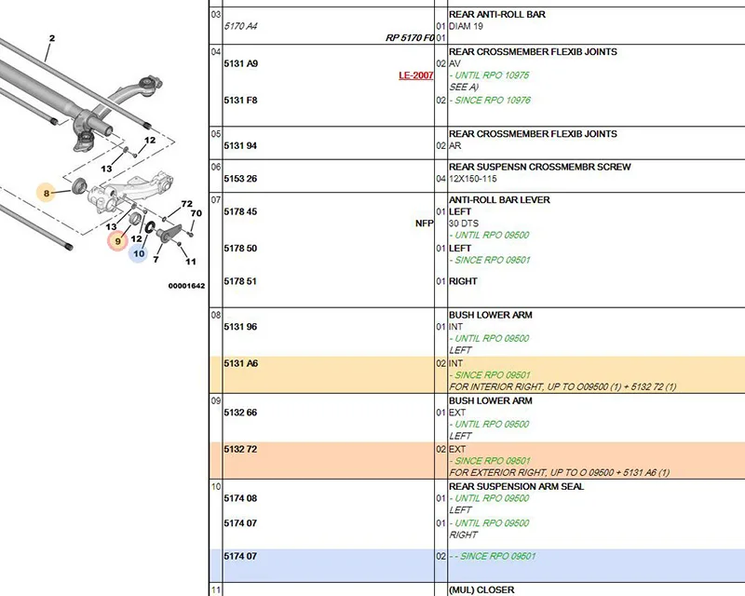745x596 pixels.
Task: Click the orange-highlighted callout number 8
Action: [x=46, y=193]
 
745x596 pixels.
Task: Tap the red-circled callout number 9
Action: [x=118, y=241]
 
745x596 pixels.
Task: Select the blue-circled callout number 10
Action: [x=138, y=253]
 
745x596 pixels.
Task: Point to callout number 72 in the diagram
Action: [x=187, y=204]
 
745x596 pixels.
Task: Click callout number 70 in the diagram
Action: [x=196, y=213]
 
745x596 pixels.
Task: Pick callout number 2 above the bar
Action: [x=52, y=38]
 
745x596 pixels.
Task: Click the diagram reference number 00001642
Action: [x=187, y=286]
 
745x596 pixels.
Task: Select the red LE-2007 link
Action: [x=415, y=75]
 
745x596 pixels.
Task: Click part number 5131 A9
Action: [x=241, y=63]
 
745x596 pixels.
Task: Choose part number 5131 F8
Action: [x=240, y=101]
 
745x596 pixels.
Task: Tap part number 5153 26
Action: [x=240, y=179]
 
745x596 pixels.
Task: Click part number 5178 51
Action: [x=240, y=281]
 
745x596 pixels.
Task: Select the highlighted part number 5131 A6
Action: [x=241, y=363]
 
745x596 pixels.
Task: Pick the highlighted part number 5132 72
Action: [x=240, y=449]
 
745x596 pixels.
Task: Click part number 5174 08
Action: [x=240, y=498]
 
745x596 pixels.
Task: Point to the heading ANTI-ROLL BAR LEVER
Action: [x=499, y=200]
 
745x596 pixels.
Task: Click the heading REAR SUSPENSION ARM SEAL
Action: [x=517, y=486]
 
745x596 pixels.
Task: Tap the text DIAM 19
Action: [x=466, y=26]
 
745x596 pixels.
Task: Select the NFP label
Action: [x=425, y=223]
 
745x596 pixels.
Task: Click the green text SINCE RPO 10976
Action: [x=493, y=101]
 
